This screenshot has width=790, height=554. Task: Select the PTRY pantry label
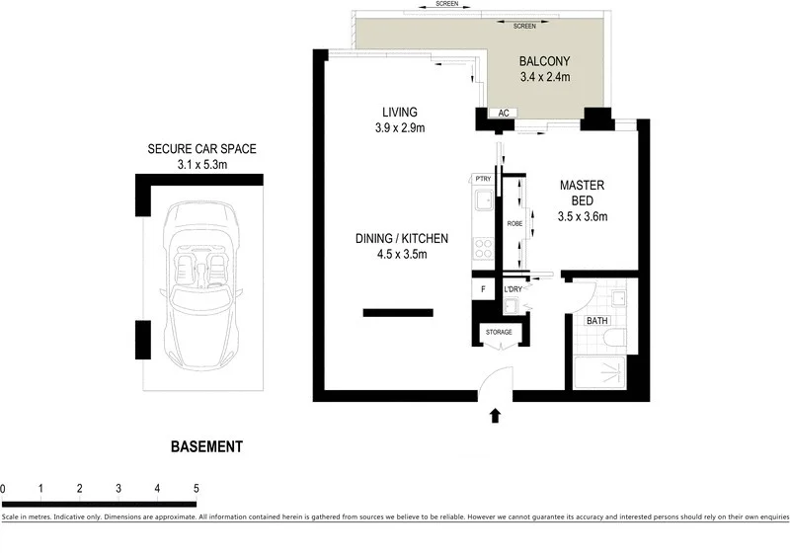point(483,178)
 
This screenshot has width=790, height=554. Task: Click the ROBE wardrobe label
point(513,224)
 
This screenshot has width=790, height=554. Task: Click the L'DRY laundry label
point(513,288)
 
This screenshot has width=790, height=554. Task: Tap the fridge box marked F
point(483,289)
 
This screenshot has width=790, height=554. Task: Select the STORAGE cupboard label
point(499,332)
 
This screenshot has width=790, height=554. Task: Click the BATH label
point(597,321)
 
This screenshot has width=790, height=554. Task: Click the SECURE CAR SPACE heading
point(201,149)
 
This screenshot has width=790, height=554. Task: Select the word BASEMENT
point(206,446)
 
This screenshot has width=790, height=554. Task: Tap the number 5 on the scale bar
point(197,488)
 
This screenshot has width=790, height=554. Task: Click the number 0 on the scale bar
point(4,488)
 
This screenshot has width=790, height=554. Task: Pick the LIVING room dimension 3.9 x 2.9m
point(399,128)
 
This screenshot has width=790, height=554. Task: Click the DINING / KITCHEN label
point(403,238)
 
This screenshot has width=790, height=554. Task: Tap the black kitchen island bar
point(398,313)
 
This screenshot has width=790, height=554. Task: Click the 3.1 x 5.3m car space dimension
point(201,165)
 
